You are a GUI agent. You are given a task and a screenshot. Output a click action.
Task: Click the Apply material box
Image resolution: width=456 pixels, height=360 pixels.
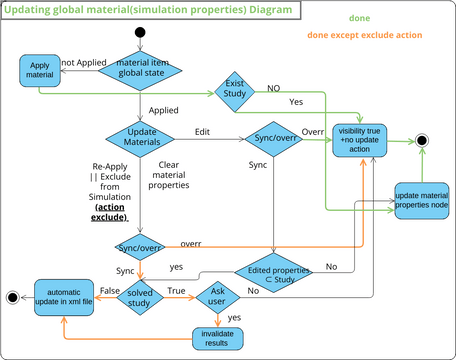pyautogui.click(x=38, y=71)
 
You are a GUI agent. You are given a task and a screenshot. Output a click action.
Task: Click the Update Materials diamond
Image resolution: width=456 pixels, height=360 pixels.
pyautogui.click(x=141, y=137)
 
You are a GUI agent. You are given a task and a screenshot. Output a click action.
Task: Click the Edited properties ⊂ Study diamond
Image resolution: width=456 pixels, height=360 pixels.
pyautogui.click(x=273, y=271)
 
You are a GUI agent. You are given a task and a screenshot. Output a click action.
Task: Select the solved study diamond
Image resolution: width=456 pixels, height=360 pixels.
pyautogui.click(x=139, y=297)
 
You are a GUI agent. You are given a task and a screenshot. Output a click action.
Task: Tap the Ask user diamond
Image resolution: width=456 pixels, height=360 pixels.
pyautogui.click(x=221, y=297)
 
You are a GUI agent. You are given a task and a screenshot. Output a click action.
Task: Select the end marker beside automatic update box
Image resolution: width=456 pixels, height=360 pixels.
pyautogui.click(x=12, y=297)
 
